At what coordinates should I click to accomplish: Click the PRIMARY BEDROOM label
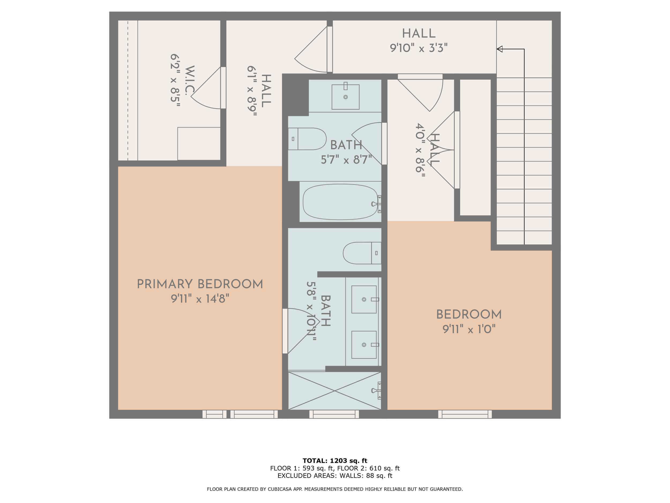200,284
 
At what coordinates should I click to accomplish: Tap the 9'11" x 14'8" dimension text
200,299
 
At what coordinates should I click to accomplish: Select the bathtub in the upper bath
341,202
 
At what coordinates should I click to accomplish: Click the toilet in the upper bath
307,139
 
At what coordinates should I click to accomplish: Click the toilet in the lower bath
362,253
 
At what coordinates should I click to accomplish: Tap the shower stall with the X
335,391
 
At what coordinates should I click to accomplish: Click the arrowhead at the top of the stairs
500,49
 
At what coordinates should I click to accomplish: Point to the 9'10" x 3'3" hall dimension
419,48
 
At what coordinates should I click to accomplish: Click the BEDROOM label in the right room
469,315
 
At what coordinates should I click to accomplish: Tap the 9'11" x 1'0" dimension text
469,329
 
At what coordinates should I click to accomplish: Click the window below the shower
334,414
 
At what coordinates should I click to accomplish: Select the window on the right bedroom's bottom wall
465,414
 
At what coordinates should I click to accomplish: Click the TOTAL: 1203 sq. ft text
335,461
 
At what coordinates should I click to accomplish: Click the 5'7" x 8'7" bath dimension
347,160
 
